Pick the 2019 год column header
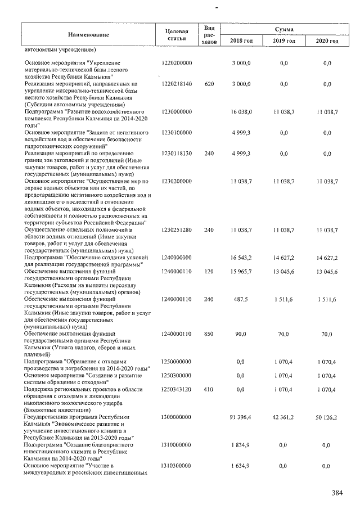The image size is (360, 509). pyautogui.click(x=283, y=41)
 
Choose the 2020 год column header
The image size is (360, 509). pyautogui.click(x=327, y=41)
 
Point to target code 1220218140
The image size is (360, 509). pyautogui.click(x=176, y=84)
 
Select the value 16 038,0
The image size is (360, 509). pyautogui.click(x=241, y=112)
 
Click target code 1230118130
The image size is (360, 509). pyautogui.click(x=176, y=153)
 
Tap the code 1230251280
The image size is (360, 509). pyautogui.click(x=176, y=230)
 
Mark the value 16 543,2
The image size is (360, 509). pyautogui.click(x=241, y=257)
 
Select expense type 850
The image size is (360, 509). pyautogui.click(x=208, y=334)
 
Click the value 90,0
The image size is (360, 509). pyautogui.click(x=241, y=334)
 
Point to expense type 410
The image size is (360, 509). pyautogui.click(x=208, y=389)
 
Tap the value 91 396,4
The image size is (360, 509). pyautogui.click(x=241, y=417)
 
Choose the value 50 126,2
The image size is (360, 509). pyautogui.click(x=327, y=417)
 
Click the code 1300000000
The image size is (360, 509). pyautogui.click(x=176, y=417)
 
